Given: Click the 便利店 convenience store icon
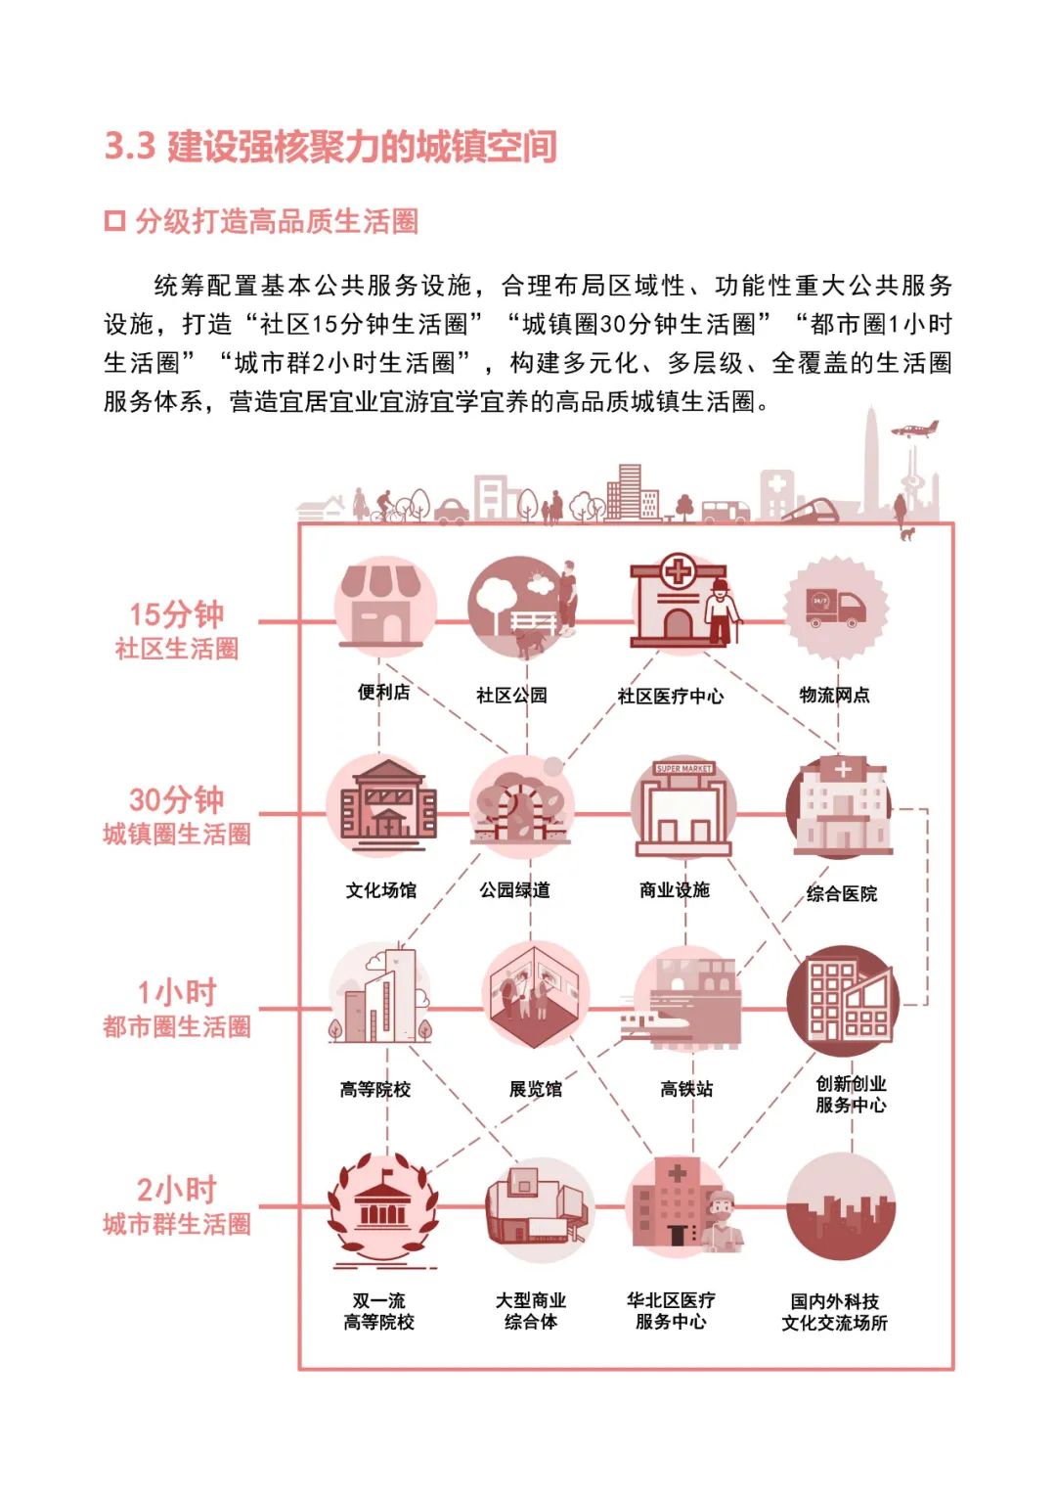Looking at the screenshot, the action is pyautogui.click(x=381, y=607).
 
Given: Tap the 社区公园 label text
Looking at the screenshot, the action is pyautogui.click(x=511, y=696).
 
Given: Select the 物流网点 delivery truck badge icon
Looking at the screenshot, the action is pyautogui.click(x=836, y=608).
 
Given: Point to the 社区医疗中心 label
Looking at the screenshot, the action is pyautogui.click(x=671, y=697).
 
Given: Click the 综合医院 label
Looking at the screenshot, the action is pyautogui.click(x=842, y=893).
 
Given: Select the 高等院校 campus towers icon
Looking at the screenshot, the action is pyautogui.click(x=382, y=995).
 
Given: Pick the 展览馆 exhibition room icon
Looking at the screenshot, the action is pyautogui.click(x=536, y=996).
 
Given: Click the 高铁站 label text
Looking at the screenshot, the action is pyautogui.click(x=686, y=1089).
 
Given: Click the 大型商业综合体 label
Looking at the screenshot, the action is pyautogui.click(x=531, y=1311).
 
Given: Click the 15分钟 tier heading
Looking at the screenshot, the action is pyautogui.click(x=177, y=614).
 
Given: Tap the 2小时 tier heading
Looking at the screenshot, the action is pyautogui.click(x=177, y=1190).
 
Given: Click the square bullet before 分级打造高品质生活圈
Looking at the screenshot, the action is pyautogui.click(x=114, y=221).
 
